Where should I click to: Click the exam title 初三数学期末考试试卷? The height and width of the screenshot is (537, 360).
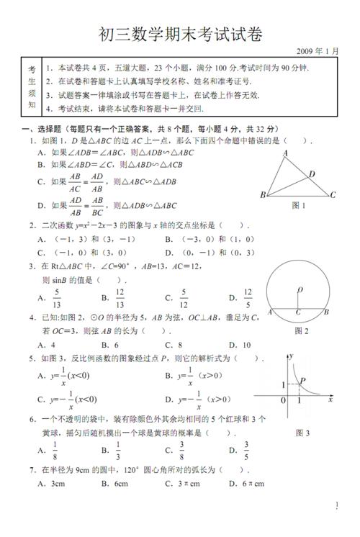click(180, 34)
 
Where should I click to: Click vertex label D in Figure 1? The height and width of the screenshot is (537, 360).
click(312, 173)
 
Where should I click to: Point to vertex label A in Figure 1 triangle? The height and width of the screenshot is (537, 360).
click(285, 153)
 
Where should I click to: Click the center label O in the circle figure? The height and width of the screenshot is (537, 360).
click(300, 290)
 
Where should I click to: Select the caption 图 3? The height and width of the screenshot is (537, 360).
click(302, 433)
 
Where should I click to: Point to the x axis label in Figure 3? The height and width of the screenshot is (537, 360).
click(330, 398)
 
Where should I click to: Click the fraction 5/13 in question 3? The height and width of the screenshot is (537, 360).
click(57, 297)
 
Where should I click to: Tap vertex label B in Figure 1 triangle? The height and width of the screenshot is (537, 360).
click(263, 195)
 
